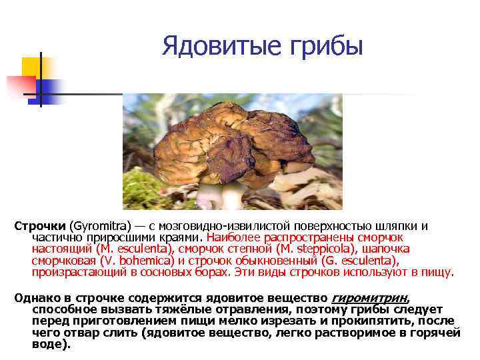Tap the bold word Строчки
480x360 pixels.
40,226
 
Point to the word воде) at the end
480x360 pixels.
51,345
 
